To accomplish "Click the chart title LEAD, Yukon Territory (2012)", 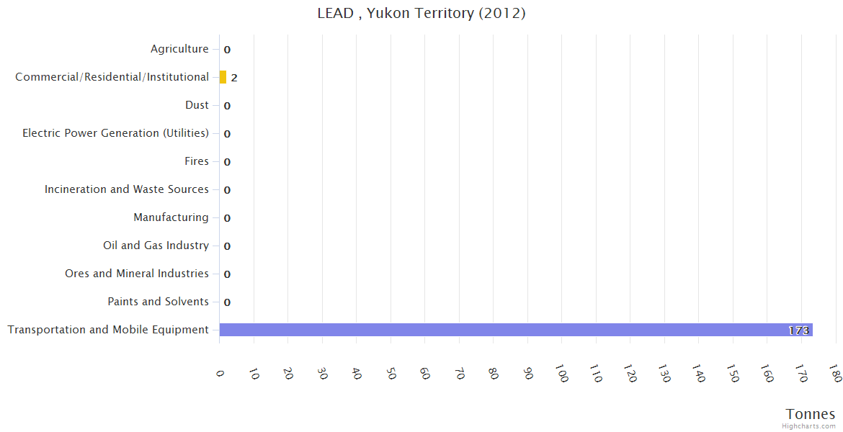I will pos(421,14).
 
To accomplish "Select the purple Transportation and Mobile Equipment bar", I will pos(515,330).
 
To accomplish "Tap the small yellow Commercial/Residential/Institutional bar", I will pos(223,77).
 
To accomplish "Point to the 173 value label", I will pos(798,330).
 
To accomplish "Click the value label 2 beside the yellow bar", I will pos(234,78).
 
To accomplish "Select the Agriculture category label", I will pos(179,49).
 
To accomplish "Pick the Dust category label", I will pos(197,105).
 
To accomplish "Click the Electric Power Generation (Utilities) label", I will pos(115,133).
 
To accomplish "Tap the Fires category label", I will pos(196,161).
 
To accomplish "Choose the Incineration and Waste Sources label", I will pos(126,189).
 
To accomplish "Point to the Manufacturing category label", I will pos(171,217).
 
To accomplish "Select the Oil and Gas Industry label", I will pos(156,246).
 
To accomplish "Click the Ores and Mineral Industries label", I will pos(136,274).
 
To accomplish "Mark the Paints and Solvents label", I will pos(158,302).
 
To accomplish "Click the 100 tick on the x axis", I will pos(561,373).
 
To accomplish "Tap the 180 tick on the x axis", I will pos(835,373).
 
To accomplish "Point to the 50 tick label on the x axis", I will pos(391,373).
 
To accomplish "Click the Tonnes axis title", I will pos(810,414).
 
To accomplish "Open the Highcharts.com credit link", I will pos(808,426).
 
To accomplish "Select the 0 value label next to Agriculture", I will pos(227,50).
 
